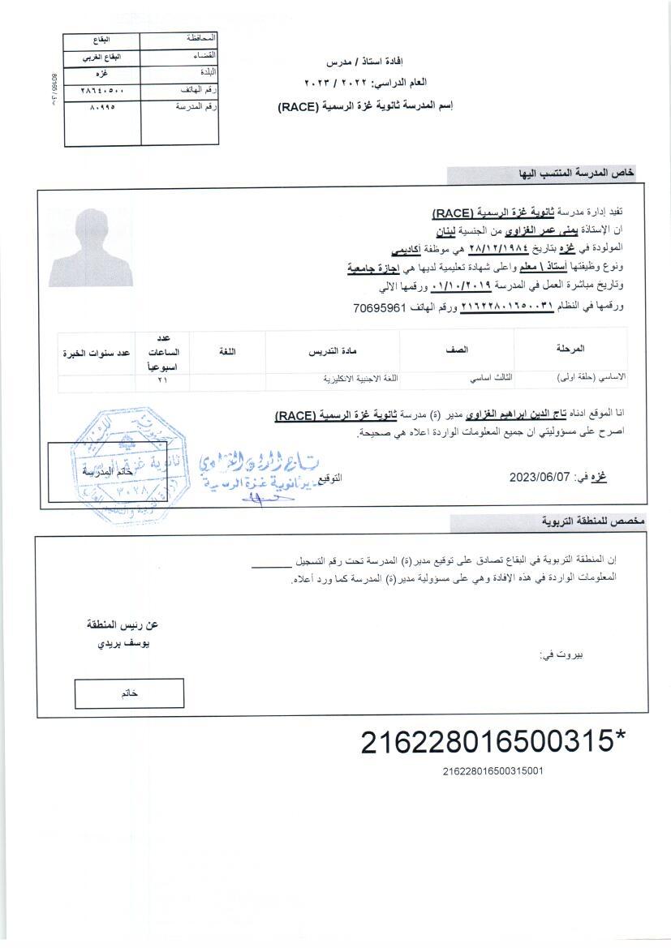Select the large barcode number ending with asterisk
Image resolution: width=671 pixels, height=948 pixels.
click(493, 741)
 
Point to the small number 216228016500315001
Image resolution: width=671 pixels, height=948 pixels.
click(492, 771)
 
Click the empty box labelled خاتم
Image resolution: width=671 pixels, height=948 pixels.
click(129, 693)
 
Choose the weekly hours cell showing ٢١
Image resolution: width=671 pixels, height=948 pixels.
click(161, 379)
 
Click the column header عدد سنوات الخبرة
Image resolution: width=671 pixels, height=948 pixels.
click(97, 354)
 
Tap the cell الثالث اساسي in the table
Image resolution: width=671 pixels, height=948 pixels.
click(459, 379)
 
